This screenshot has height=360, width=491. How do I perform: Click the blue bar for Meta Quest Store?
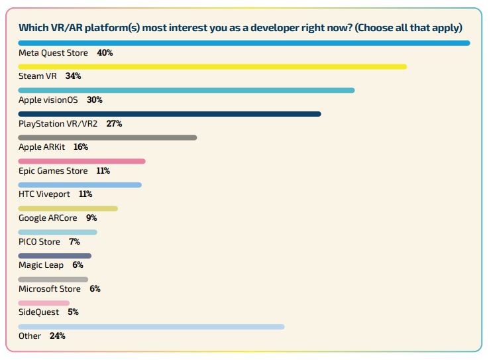coord(244,43)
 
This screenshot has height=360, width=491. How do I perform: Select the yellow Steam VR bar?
coord(212,67)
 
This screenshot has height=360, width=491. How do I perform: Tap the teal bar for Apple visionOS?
coord(186,90)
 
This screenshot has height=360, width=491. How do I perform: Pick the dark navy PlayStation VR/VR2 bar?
coord(170,114)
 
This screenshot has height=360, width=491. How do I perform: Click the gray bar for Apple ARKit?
coord(107,138)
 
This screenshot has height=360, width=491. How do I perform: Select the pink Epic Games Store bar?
coord(82,161)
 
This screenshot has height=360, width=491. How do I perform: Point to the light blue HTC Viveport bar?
coord(80,185)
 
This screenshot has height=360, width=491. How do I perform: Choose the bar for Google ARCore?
coord(68,209)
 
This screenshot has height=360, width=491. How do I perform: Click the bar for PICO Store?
coord(58,232)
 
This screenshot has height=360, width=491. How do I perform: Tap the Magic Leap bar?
coord(54,256)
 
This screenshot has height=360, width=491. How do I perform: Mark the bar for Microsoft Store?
coord(53,280)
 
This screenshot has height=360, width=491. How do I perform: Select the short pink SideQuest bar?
coord(44,303)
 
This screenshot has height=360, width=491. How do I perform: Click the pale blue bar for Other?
coord(151,327)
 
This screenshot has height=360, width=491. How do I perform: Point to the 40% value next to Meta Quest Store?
coord(105,52)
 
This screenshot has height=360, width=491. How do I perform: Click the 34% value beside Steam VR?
coord(73,76)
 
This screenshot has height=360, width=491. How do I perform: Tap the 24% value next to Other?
coord(57,336)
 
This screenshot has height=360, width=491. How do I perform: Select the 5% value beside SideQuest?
coord(73,312)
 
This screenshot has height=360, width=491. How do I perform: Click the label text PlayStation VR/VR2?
coord(60,123)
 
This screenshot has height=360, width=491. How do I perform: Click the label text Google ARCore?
coord(48,218)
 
